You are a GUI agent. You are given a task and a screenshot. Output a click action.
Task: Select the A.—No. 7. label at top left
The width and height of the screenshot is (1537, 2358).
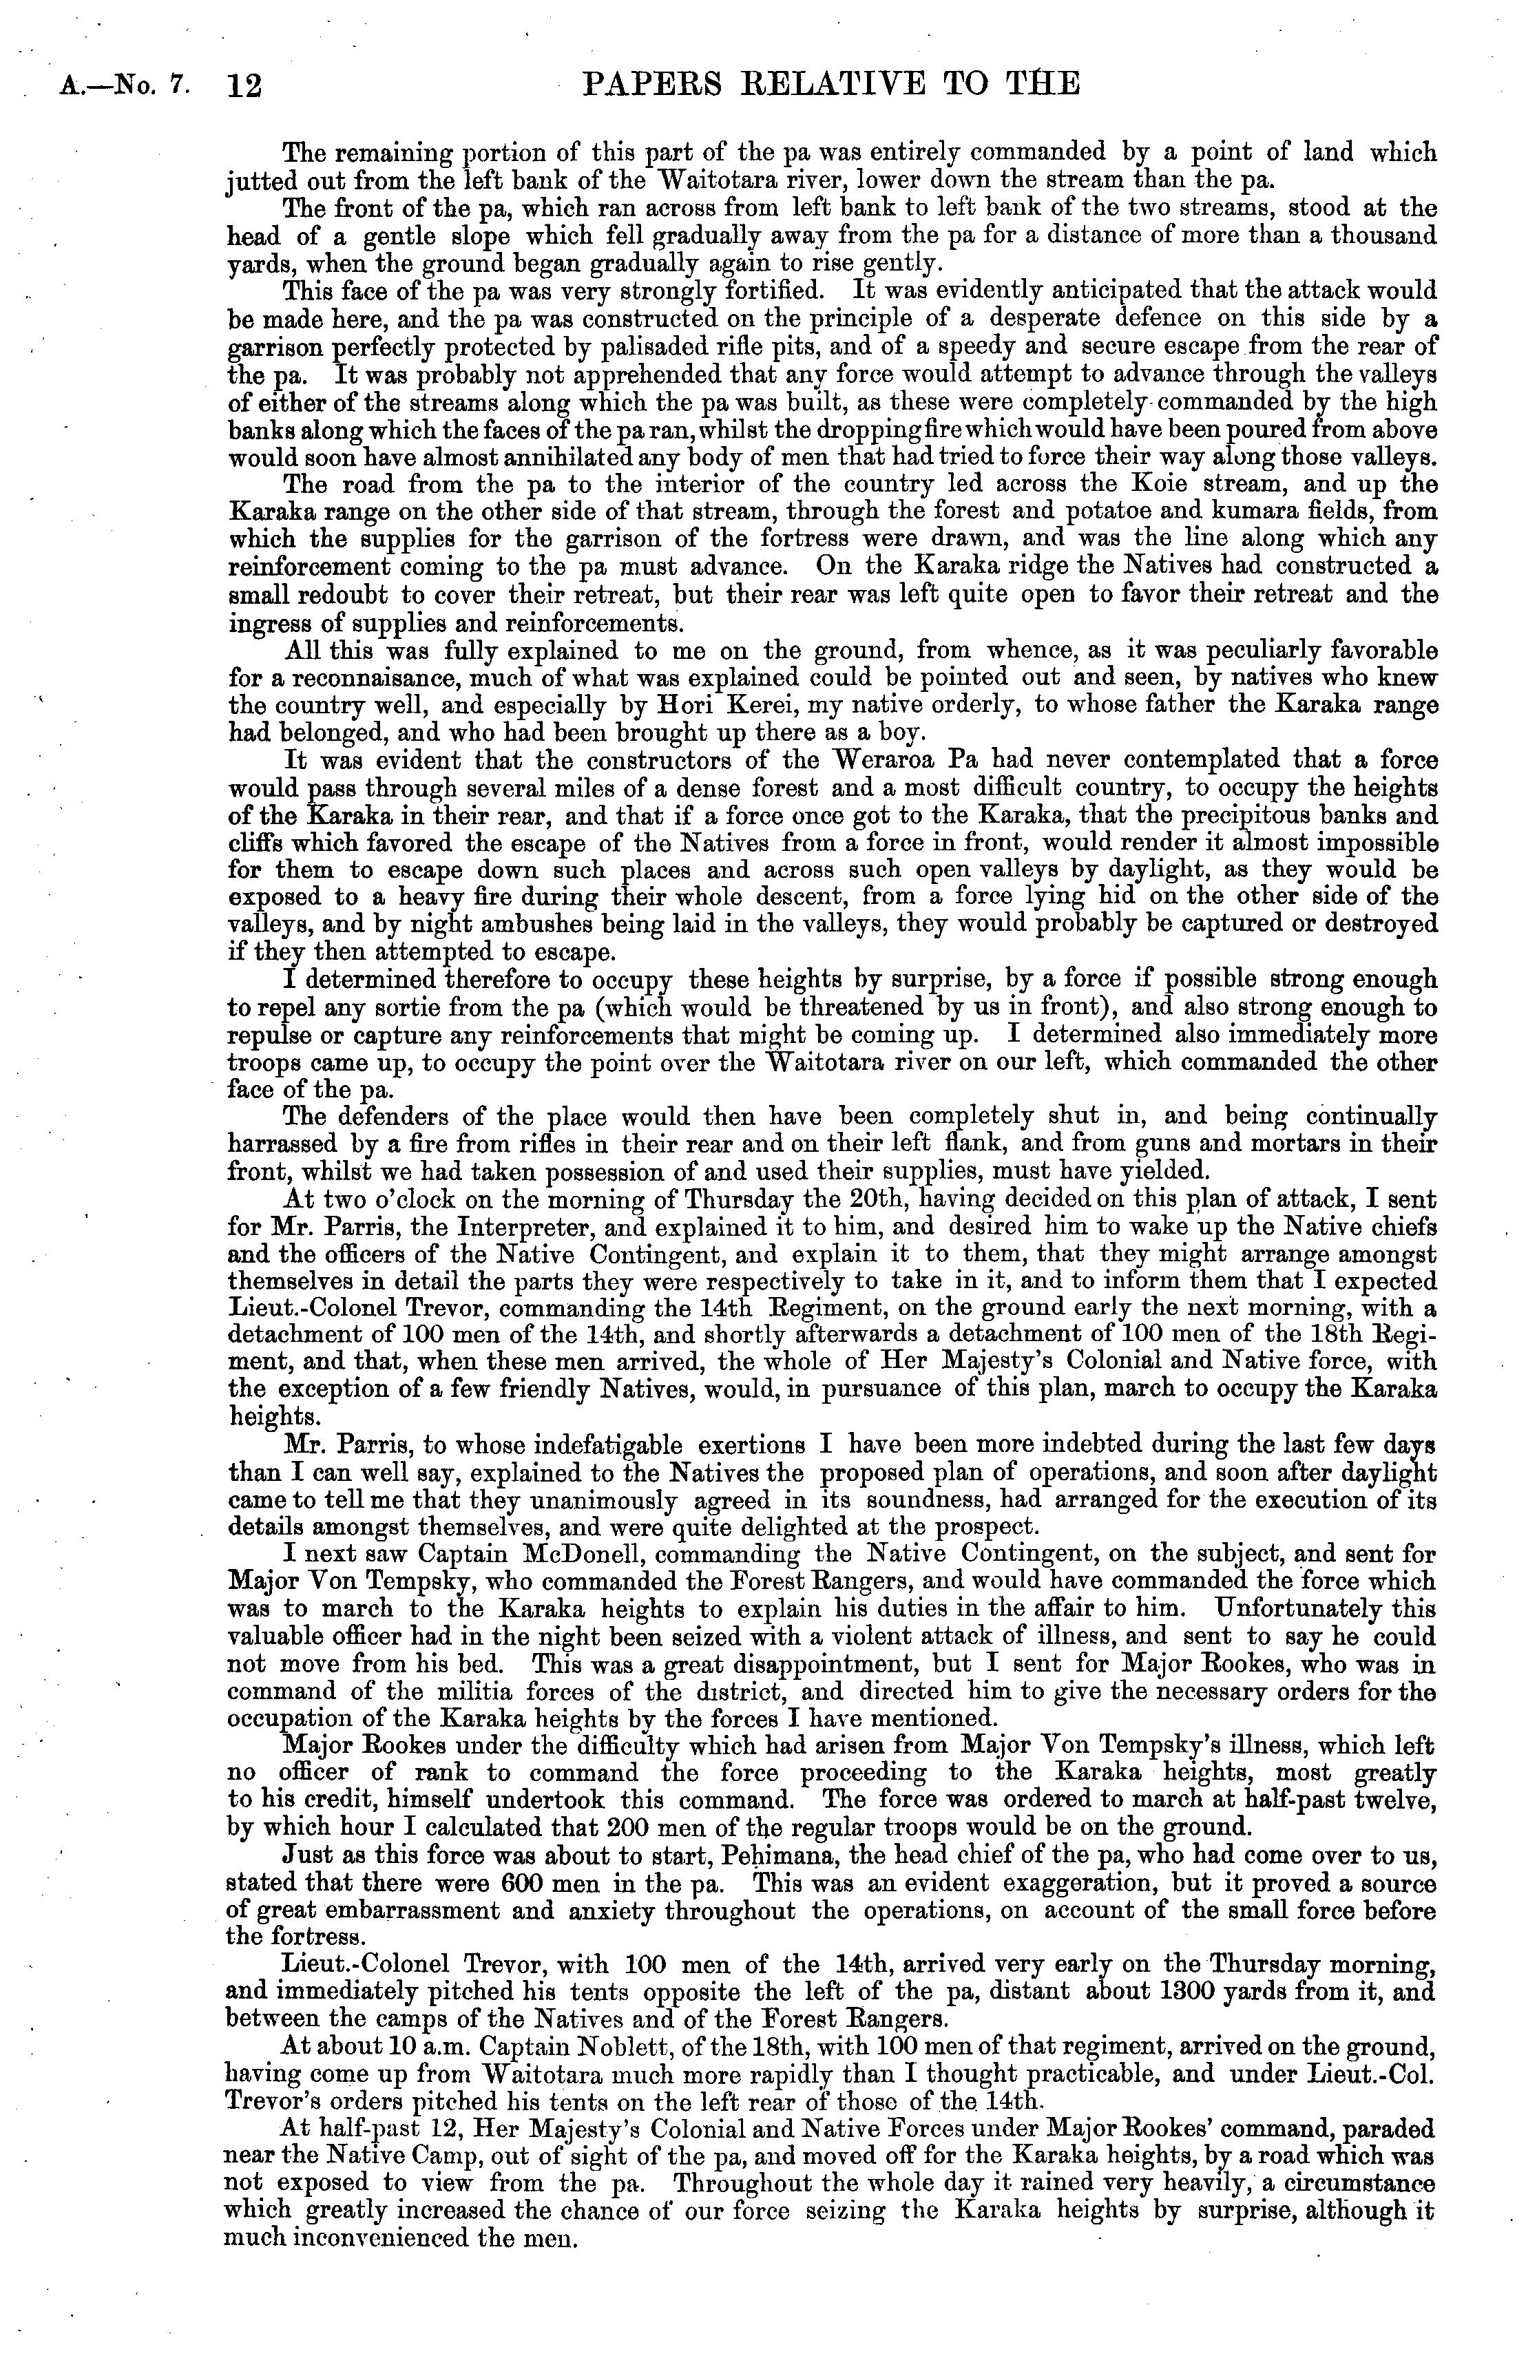(x=124, y=86)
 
